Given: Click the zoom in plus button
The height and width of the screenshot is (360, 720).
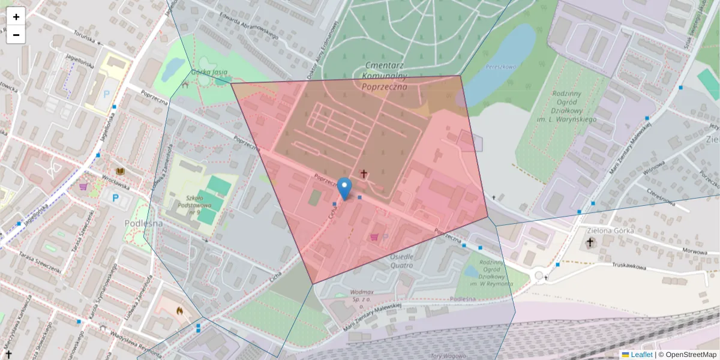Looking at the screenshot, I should pyautogui.click(x=16, y=17).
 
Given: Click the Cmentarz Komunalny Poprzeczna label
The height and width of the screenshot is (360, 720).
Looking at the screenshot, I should pyautogui.click(x=385, y=76).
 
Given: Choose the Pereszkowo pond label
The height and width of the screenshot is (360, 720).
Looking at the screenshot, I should pyautogui.click(x=501, y=67).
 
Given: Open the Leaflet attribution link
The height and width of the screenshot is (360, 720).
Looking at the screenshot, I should pyautogui.click(x=641, y=355).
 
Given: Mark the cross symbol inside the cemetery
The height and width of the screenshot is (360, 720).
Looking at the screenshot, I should pyautogui.click(x=364, y=174).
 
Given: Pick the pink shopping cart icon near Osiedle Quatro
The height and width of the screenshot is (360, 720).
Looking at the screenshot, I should pyautogui.click(x=375, y=237).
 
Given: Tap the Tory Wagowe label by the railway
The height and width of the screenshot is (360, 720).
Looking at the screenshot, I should pyautogui.click(x=448, y=356).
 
